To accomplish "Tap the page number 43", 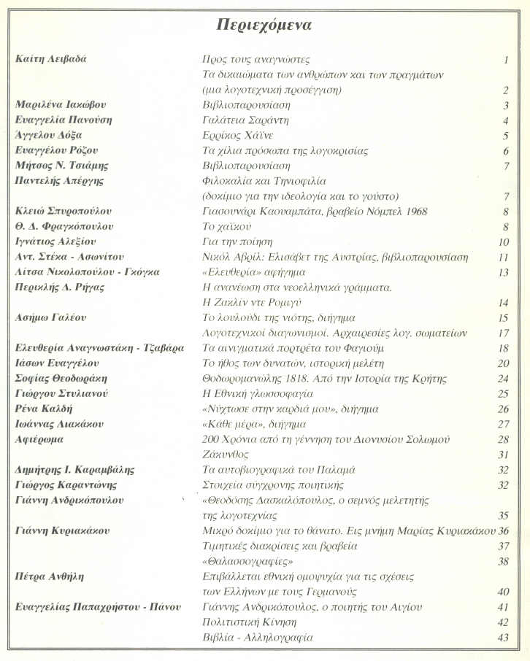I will point(502,638).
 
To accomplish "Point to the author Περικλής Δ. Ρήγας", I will point(60,287).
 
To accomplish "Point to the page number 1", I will point(505,60).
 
